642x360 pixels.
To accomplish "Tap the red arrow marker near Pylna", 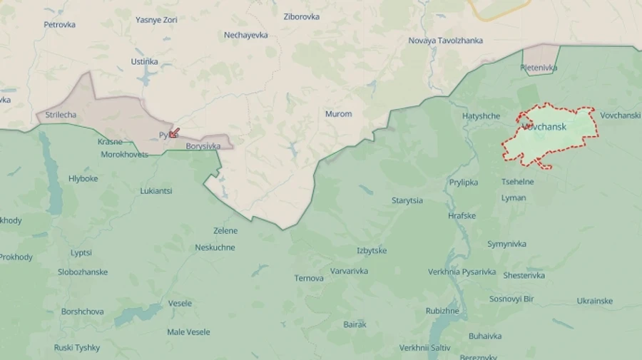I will pyautogui.click(x=174, y=133).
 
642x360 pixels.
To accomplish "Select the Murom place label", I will pyautogui.click(x=338, y=114).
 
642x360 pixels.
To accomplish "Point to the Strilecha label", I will pyautogui.click(x=61, y=114).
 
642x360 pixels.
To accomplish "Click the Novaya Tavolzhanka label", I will pyautogui.click(x=445, y=41).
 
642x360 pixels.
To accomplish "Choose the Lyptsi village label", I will pyautogui.click(x=81, y=253).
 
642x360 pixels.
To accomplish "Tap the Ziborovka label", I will pyautogui.click(x=302, y=16).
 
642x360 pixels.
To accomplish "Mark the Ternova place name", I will pyautogui.click(x=309, y=278).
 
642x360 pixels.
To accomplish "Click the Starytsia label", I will pyautogui.click(x=407, y=201).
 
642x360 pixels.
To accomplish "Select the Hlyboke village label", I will pyautogui.click(x=83, y=179).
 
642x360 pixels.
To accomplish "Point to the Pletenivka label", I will pyautogui.click(x=539, y=68).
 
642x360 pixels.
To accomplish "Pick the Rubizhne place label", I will pyautogui.click(x=442, y=311).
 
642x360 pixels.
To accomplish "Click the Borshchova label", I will pyautogui.click(x=82, y=312).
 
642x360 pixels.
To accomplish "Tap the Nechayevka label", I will pyautogui.click(x=245, y=35).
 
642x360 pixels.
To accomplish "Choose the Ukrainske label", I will pyautogui.click(x=594, y=301).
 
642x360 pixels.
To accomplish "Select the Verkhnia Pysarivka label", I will pyautogui.click(x=462, y=272).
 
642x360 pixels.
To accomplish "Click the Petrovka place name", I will pyautogui.click(x=59, y=25).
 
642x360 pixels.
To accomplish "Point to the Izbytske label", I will pyautogui.click(x=372, y=251).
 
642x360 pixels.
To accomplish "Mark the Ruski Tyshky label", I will pyautogui.click(x=77, y=348).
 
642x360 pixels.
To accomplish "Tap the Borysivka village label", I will pyautogui.click(x=203, y=146).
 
